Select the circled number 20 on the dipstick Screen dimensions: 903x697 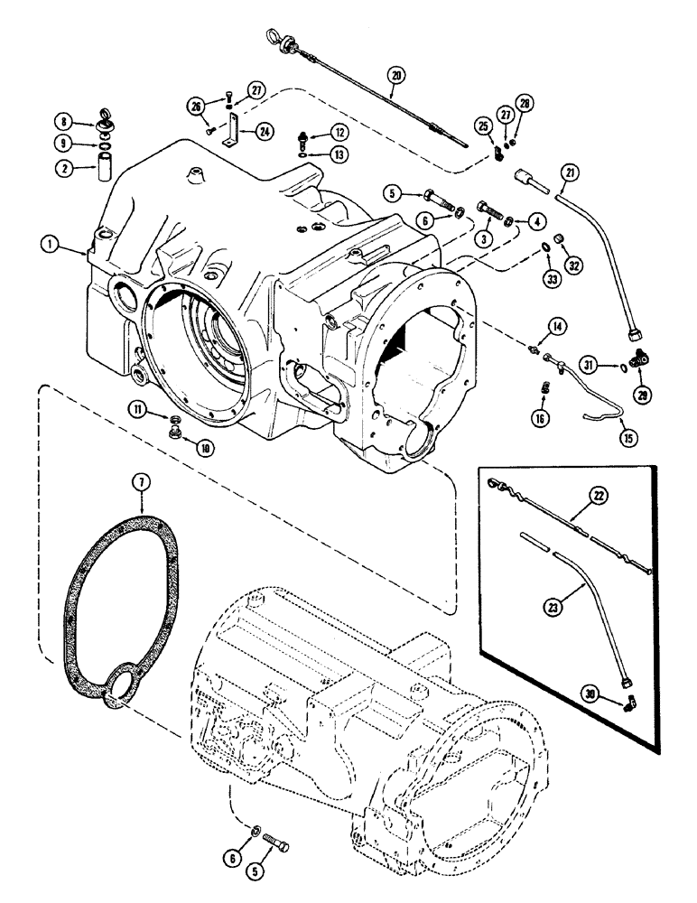click(394, 76)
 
